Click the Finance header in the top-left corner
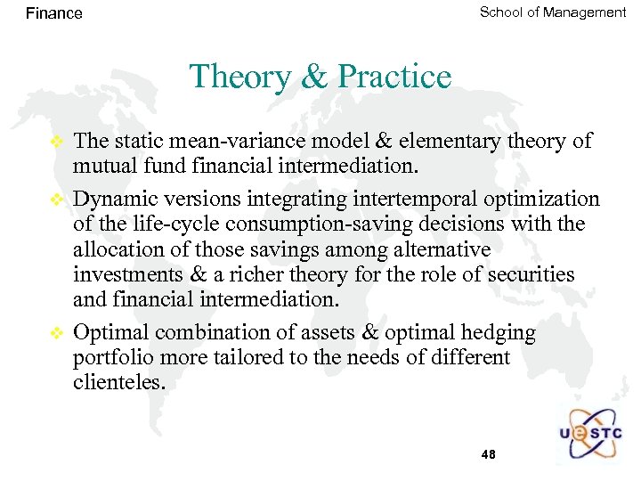pyautogui.click(x=53, y=13)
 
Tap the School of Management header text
pyautogui.click(x=552, y=12)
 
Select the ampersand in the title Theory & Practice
pyautogui.click(x=315, y=77)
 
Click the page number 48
pyautogui.click(x=488, y=454)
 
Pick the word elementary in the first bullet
pyautogui.click(x=440, y=141)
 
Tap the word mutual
pyautogui.click(x=101, y=164)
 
